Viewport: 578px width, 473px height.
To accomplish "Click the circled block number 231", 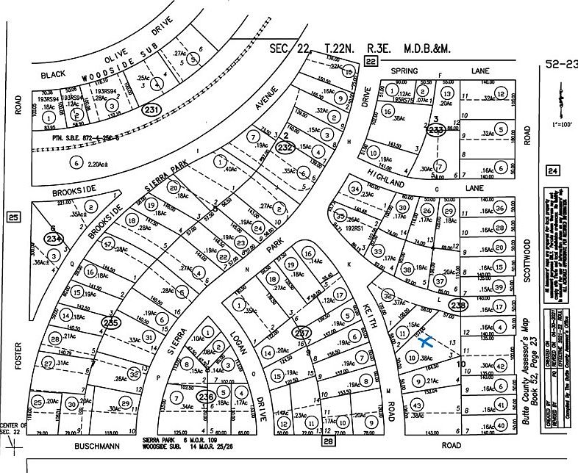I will coord(152,110).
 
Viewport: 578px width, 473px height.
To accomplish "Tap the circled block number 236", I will coord(206,397).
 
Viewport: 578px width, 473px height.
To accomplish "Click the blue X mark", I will coord(424,340).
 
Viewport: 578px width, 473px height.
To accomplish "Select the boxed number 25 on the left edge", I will coord(13,217).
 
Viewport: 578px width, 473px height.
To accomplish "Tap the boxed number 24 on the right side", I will coord(552,171).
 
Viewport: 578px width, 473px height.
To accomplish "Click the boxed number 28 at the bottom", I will coord(328,441).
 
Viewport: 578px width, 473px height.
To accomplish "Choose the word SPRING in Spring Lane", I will coord(404,71).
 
